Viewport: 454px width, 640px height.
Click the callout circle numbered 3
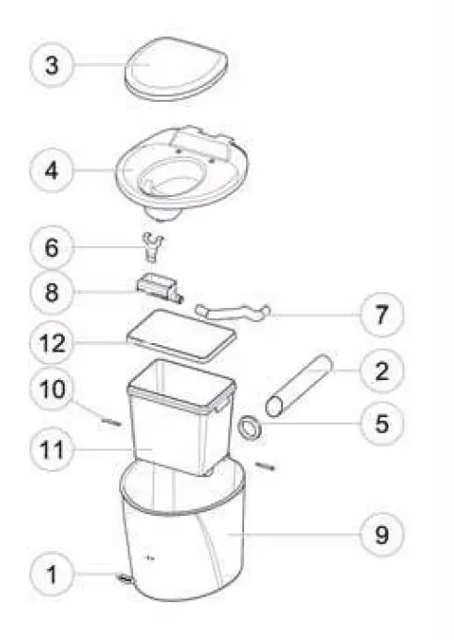pos(52,66)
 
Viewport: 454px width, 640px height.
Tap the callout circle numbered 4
pos(52,171)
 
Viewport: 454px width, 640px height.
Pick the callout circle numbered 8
pos(52,293)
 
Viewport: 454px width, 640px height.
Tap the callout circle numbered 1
pos(52,577)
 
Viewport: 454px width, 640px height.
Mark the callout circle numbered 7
pos(381,314)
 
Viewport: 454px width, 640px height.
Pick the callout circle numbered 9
pos(381,534)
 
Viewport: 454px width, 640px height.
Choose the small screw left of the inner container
pos(110,418)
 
